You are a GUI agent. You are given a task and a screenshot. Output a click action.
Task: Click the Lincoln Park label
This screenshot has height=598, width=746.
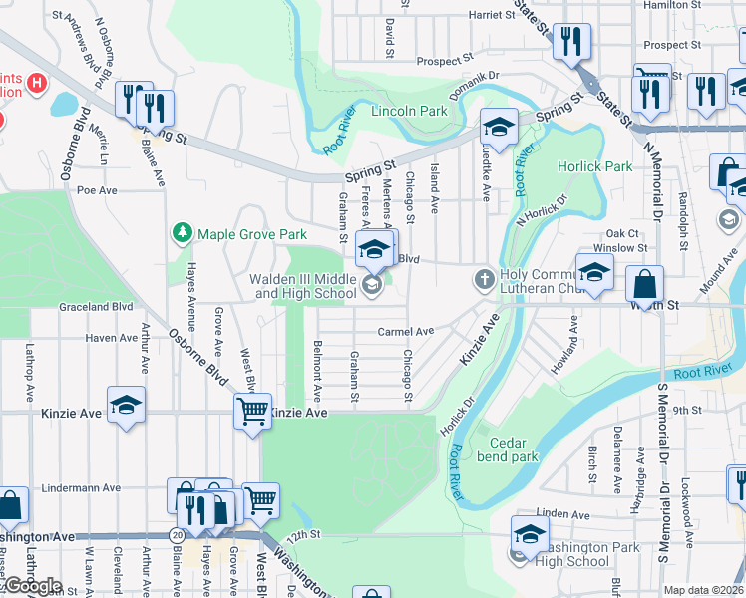coord(409,112)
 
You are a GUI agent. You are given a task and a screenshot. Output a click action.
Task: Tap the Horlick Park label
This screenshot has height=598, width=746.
coord(594,166)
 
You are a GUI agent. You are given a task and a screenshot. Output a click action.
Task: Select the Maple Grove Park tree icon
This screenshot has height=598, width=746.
coord(182,233)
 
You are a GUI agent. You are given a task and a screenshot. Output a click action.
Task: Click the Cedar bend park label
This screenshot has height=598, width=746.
coord(514,450)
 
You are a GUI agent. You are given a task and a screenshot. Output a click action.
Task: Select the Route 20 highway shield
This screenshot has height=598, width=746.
coord(177,535)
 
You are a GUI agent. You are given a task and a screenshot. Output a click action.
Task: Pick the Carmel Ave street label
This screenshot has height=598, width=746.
coord(405,331)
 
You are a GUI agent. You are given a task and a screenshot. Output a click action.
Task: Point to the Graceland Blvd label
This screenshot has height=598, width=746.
coord(96,307)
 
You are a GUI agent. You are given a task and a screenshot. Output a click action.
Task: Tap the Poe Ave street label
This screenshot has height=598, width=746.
coord(97,189)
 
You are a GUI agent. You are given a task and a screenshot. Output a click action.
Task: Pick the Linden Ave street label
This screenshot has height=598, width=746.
coord(571,513)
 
